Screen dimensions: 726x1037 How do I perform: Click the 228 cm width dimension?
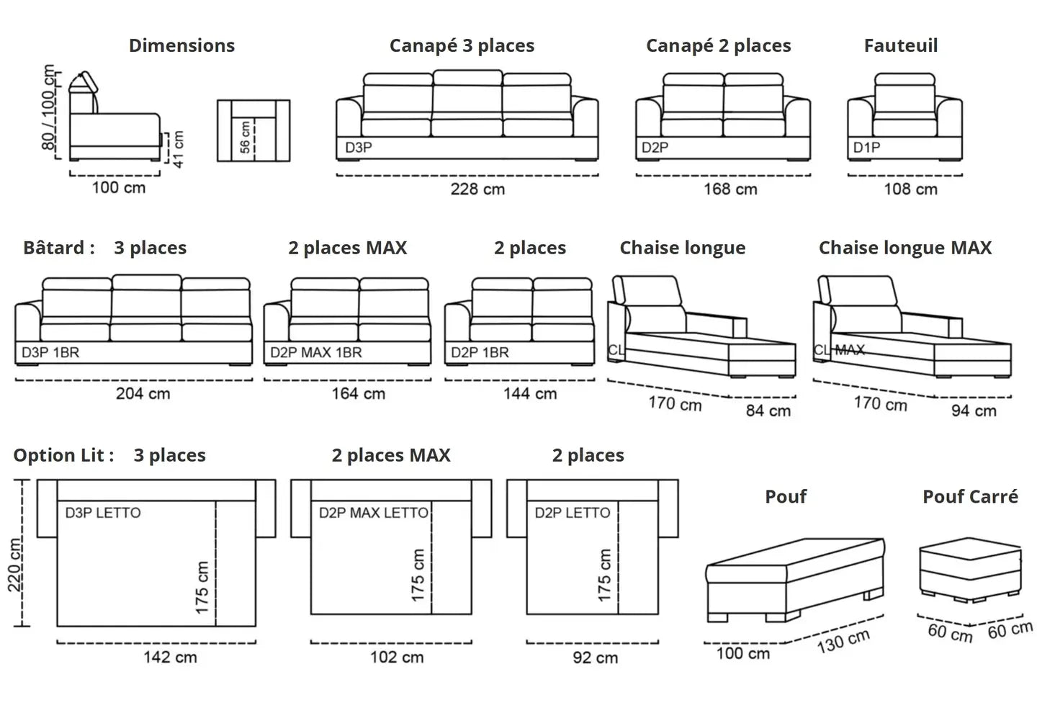pyautogui.click(x=477, y=189)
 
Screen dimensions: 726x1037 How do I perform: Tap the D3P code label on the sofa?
pyautogui.click(x=358, y=148)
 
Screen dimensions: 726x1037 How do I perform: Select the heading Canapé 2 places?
pyautogui.click(x=718, y=46)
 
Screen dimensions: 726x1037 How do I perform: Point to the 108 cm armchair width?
pyautogui.click(x=910, y=189)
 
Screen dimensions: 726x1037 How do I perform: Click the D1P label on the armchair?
pyautogui.click(x=866, y=148)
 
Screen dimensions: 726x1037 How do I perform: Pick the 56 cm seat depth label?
pyautogui.click(x=246, y=137)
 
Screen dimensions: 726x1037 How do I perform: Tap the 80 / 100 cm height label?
pyautogui.click(x=49, y=107)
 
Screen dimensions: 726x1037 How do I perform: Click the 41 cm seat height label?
pyautogui.click(x=178, y=148)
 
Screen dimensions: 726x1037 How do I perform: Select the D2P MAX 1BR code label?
pyautogui.click(x=316, y=353)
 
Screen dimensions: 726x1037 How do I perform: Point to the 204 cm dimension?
pyautogui.click(x=143, y=394)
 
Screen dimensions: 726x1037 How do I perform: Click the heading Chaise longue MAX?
pyautogui.click(x=904, y=248)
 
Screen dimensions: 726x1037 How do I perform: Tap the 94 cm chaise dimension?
pyautogui.click(x=974, y=411)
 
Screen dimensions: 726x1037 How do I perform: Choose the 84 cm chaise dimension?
pyautogui.click(x=768, y=411)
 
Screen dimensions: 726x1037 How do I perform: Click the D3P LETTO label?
pyautogui.click(x=103, y=513)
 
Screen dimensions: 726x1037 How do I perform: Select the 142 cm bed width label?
pyautogui.click(x=170, y=657)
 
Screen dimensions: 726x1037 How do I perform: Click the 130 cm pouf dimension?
pyautogui.click(x=843, y=640)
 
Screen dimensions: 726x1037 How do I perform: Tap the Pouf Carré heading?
pyautogui.click(x=970, y=497)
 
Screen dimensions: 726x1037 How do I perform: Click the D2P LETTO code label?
pyautogui.click(x=572, y=513)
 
